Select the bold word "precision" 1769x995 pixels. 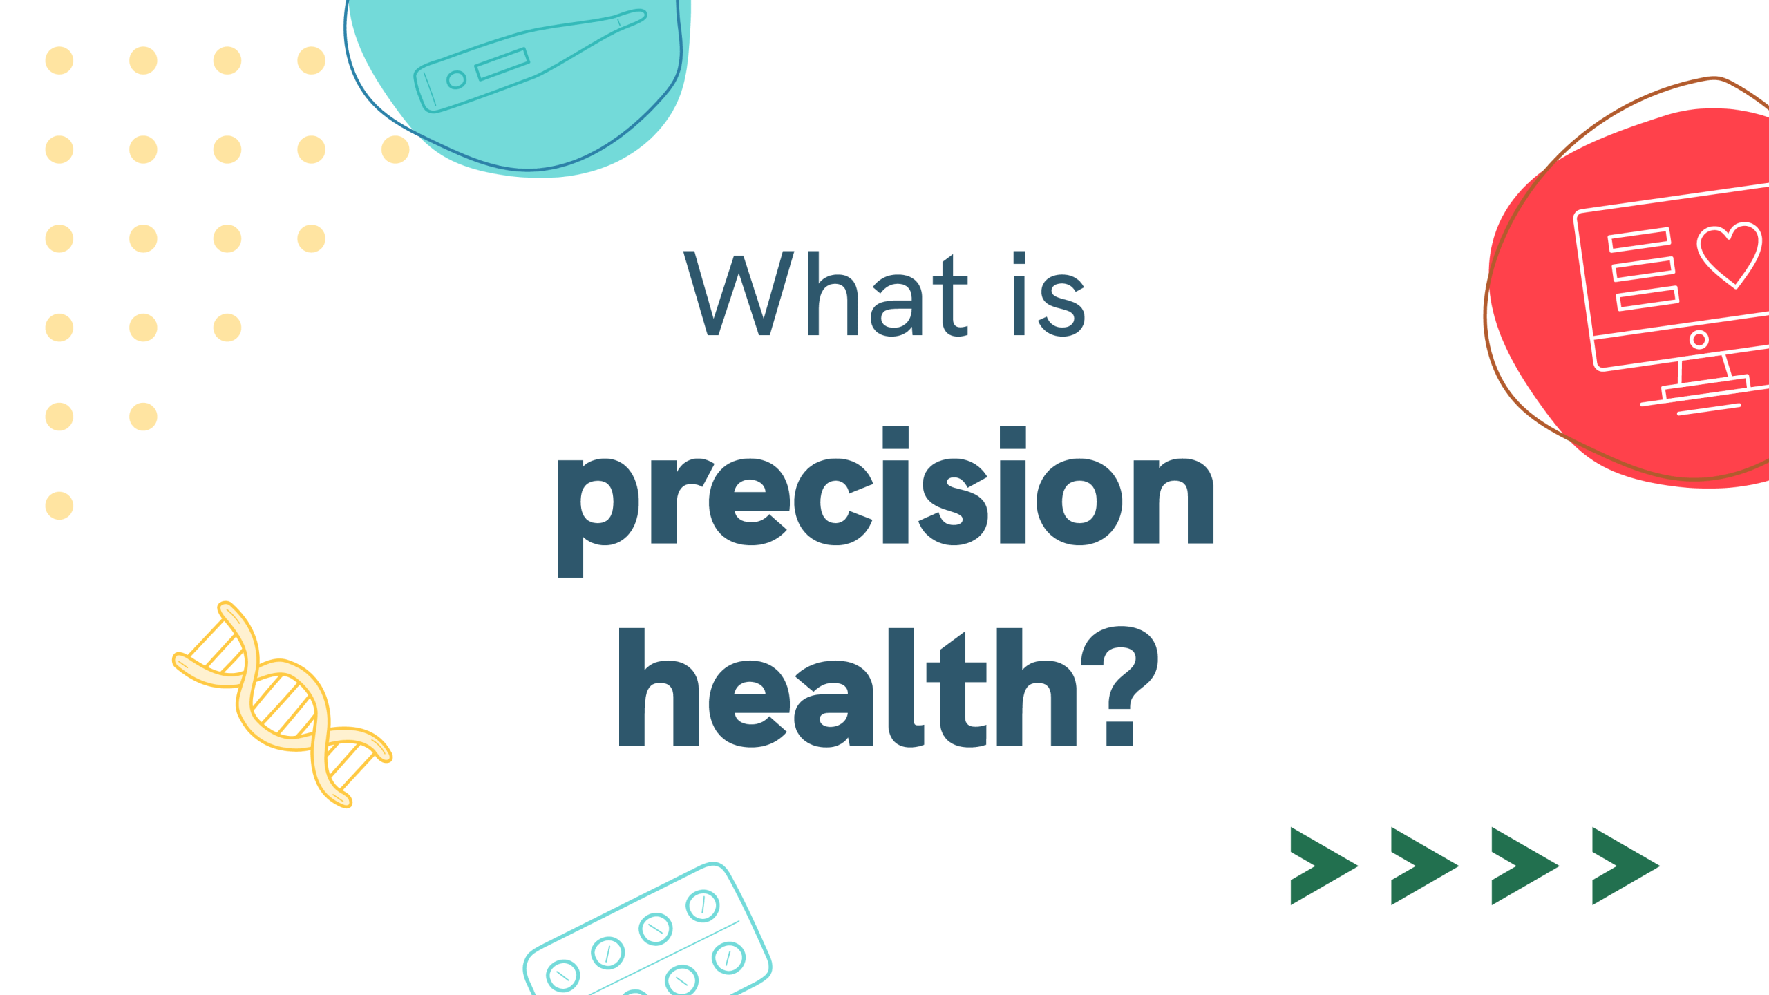pyautogui.click(x=885, y=502)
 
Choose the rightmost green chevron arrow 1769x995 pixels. pyautogui.click(x=1624, y=866)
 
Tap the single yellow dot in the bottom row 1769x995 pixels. pyautogui.click(x=59, y=506)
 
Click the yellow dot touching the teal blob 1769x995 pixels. pyautogui.click(x=395, y=149)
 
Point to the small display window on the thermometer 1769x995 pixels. pyautogui.click(x=502, y=64)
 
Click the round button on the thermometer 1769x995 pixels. pyautogui.click(x=456, y=80)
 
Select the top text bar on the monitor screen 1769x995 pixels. pyautogui.click(x=1639, y=240)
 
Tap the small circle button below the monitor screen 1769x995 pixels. pyautogui.click(x=1699, y=339)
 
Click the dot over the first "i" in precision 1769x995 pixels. pyautogui.click(x=896, y=437)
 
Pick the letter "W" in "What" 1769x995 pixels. pyautogui.click(x=738, y=294)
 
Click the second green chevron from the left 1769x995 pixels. pyautogui.click(x=1423, y=866)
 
